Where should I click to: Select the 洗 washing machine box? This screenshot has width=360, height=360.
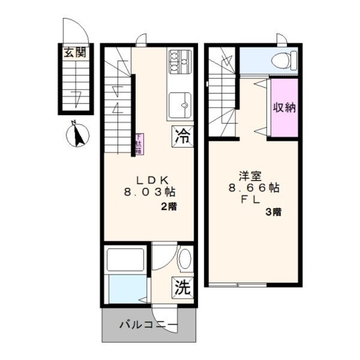pos(181,287)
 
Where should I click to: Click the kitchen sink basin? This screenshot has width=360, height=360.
pos(180,104)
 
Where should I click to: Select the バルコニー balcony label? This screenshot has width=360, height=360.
pos(147,325)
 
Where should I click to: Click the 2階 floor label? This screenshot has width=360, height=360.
pos(169,206)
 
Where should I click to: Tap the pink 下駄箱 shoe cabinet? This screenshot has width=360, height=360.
pos(138,144)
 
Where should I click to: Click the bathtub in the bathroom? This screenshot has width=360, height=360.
pos(126,259)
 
